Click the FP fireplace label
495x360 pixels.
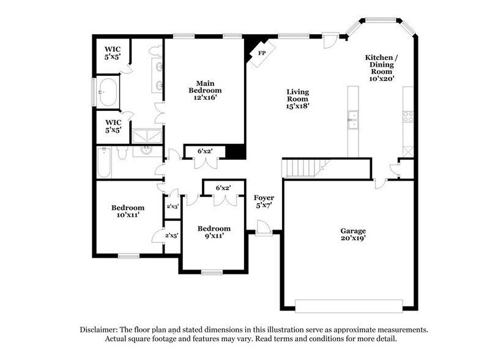pos(262,53)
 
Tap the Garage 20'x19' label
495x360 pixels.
pos(353,234)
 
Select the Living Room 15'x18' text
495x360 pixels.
pos(297,99)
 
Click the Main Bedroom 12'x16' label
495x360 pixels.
pos(204,89)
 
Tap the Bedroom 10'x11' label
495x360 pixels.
pos(128,211)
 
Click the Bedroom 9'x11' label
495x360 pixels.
pos(214,233)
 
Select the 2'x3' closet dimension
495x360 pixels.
pos(173,207)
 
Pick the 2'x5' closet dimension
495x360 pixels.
pos(173,234)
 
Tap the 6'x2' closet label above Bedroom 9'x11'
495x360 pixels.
pos(223,188)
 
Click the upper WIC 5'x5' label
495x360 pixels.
pos(112,53)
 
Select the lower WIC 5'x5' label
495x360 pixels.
pos(112,126)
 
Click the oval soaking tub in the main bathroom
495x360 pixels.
pos(108,92)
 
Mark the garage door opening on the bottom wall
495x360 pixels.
pos(349,305)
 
